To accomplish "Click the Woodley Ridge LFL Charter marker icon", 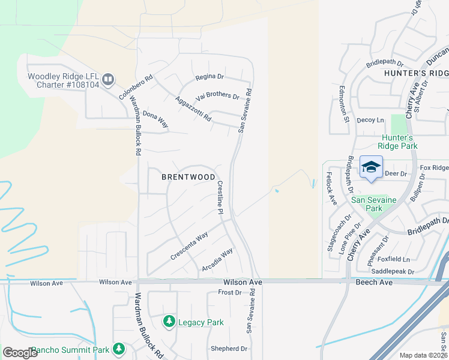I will [x=108, y=79].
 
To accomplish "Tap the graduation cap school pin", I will [x=371, y=167].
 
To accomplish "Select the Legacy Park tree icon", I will [x=169, y=322].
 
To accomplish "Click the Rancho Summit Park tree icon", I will [x=119, y=349].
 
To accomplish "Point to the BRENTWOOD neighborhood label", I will [x=188, y=177].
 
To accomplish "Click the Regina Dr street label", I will [x=209, y=77].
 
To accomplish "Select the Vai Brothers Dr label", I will [x=218, y=96].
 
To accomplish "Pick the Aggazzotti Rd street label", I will [x=193, y=109].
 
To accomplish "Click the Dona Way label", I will [x=155, y=119].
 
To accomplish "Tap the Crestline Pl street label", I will [x=220, y=198].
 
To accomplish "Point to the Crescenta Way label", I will [x=189, y=245].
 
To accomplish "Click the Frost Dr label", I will [x=229, y=292].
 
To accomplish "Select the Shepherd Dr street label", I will [x=229, y=349].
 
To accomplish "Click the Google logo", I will [x=20, y=353].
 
